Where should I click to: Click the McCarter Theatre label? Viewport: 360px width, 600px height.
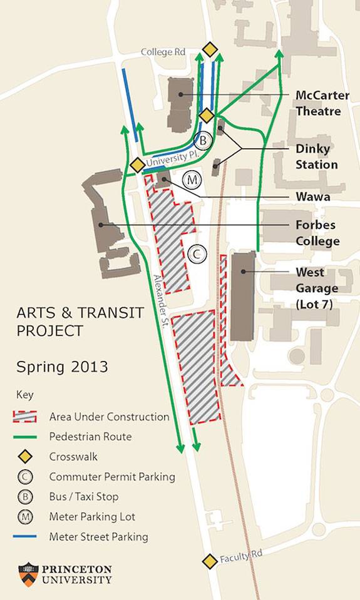tap(318, 103)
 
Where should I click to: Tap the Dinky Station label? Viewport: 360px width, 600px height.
tap(317, 156)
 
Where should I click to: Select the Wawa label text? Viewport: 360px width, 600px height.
tap(313, 196)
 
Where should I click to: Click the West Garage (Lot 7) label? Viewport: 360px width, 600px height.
tap(317, 288)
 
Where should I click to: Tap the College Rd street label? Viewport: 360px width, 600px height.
tap(165, 53)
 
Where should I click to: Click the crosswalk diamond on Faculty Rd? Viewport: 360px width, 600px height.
tap(210, 561)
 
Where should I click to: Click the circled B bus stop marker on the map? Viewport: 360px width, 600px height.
tap(202, 140)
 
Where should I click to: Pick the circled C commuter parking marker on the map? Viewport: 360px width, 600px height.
tap(196, 254)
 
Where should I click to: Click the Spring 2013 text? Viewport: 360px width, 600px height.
tap(62, 367)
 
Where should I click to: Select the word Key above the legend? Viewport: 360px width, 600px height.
tap(25, 395)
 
